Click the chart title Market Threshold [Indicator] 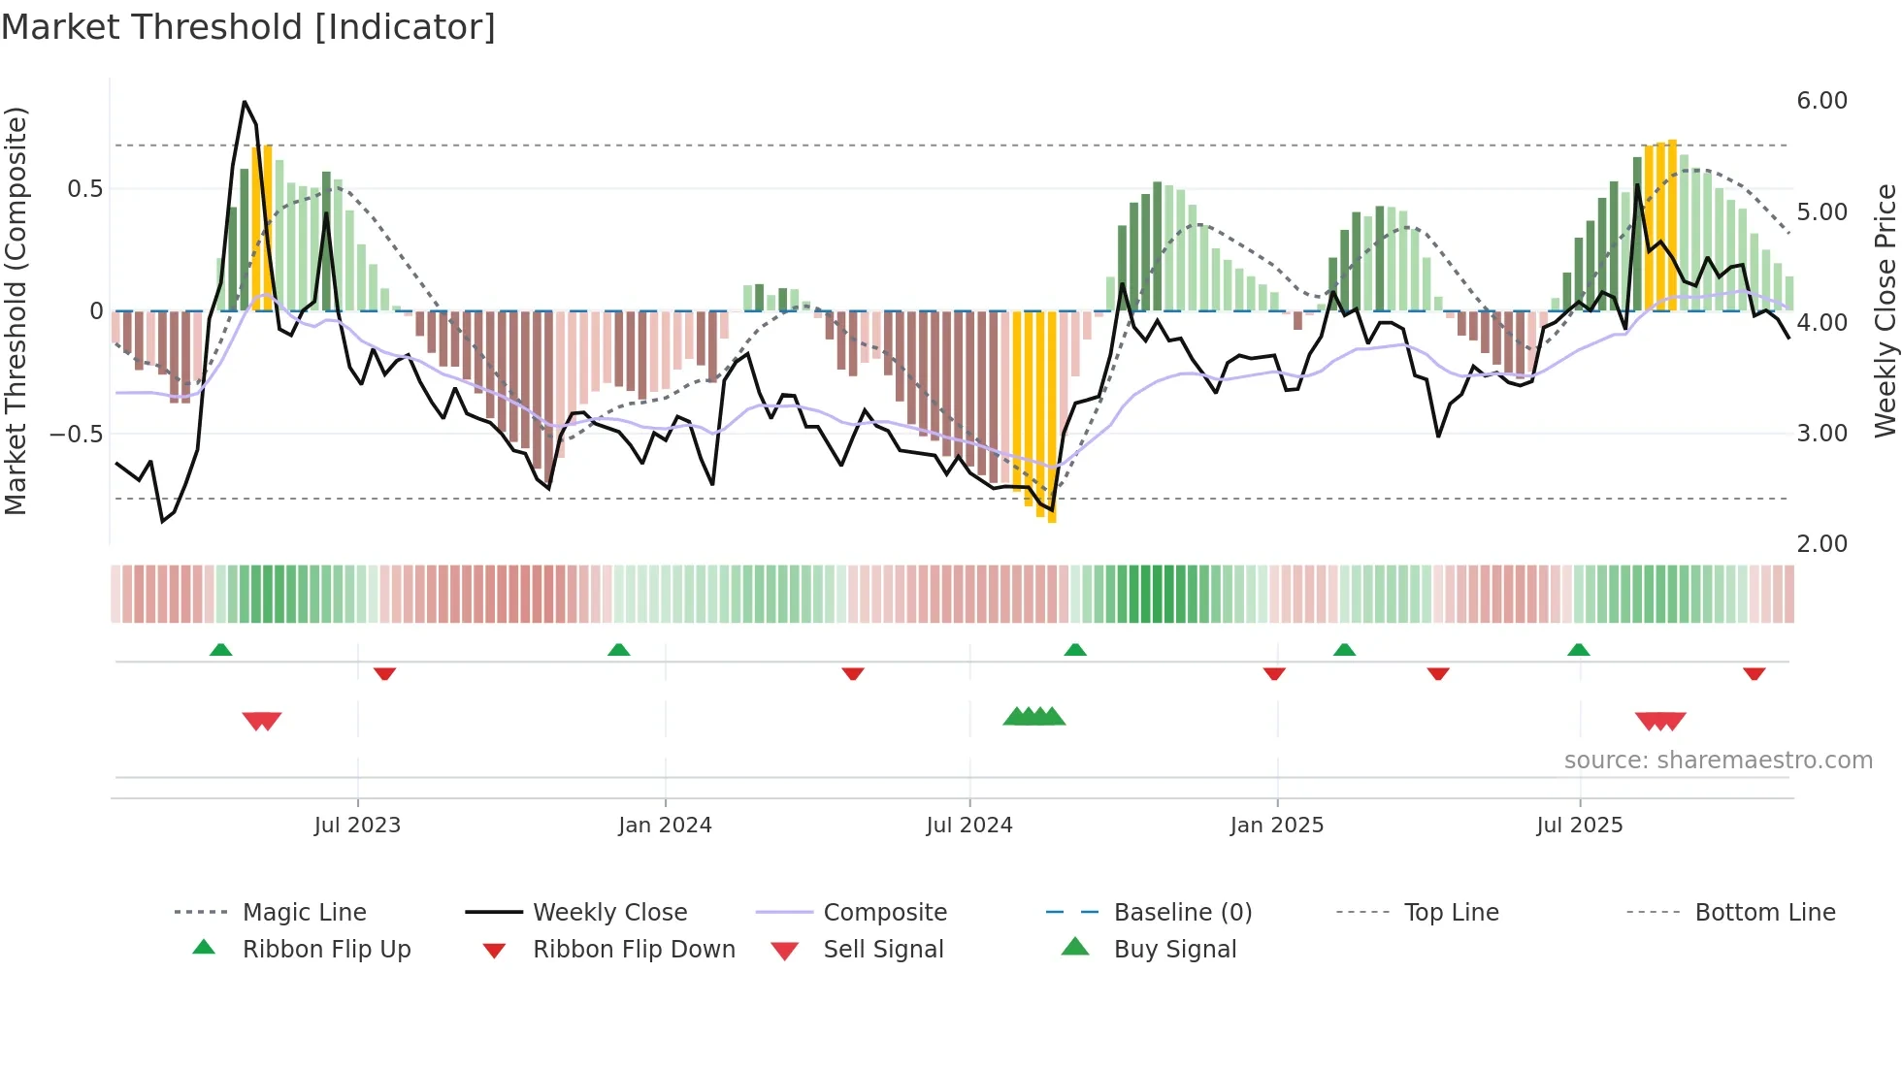coord(248,27)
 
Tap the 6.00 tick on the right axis coord(1821,101)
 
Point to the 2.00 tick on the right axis coord(1821,544)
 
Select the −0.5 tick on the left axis coord(77,434)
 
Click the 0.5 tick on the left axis coord(84,189)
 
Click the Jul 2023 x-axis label coord(357,826)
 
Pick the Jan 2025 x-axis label coord(1276,826)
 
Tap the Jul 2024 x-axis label coord(968,826)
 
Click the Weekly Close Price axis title coord(1885,310)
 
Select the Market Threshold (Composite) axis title coord(16,310)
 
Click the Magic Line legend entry coord(304,913)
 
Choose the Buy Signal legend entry coord(1174,950)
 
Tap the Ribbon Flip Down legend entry coord(634,950)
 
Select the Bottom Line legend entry coord(1764,913)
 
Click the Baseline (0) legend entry coord(1182,913)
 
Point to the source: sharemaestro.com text coord(1718,761)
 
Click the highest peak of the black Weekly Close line coord(245,102)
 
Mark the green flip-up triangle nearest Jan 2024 coord(618,650)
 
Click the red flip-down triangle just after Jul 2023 coord(384,673)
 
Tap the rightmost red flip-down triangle coord(1754,673)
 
